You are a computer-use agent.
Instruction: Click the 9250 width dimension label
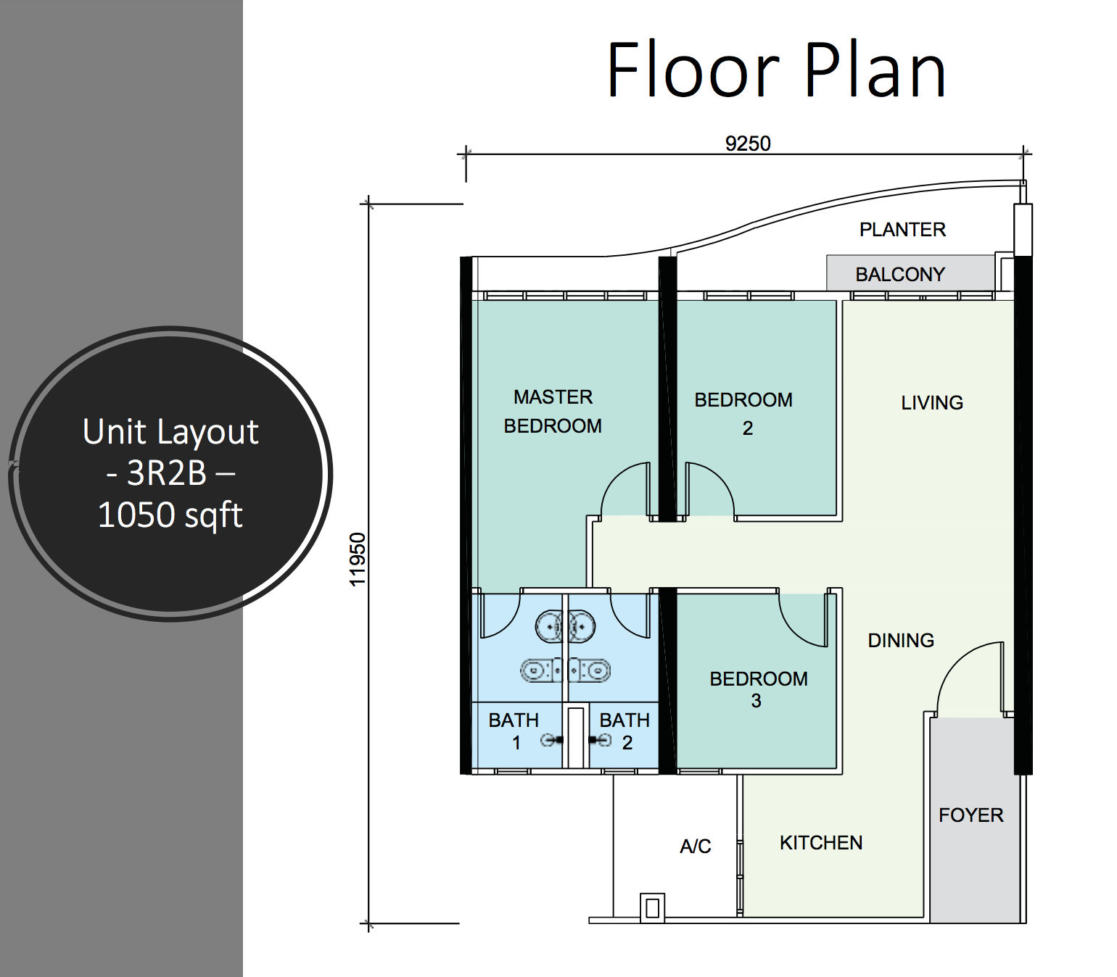coord(748,144)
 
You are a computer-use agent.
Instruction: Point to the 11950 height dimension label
coord(358,559)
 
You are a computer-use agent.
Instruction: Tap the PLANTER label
coord(902,230)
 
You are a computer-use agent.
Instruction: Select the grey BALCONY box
coord(910,273)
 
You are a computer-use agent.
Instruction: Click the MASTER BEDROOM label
coord(553,411)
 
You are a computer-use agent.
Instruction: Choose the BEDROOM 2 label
coord(744,413)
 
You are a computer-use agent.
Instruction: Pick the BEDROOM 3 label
coord(758,689)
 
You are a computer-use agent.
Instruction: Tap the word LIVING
coord(932,403)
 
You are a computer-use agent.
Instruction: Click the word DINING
coord(901,641)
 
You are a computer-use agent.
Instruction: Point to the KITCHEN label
coord(821,843)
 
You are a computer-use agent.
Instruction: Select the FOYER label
coord(970,815)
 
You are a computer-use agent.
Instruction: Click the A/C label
coord(695,847)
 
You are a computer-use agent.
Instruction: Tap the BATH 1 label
coord(514,731)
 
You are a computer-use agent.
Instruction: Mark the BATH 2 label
coord(625,731)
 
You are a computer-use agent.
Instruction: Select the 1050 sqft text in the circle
coord(170,515)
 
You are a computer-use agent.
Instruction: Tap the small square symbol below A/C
coord(651,907)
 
